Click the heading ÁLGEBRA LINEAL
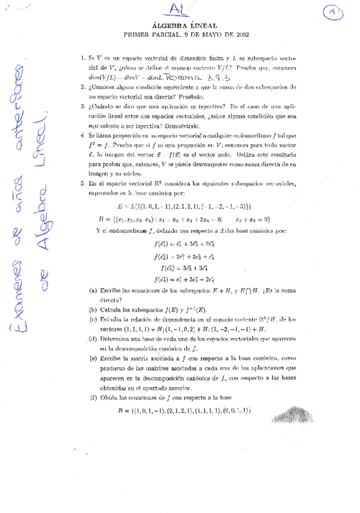(181, 25)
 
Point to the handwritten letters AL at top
(179, 8)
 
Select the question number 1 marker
(83, 58)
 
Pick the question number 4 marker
(83, 136)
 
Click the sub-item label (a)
(93, 290)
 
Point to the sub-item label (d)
(93, 339)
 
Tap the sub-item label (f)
(93, 398)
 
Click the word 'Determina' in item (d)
(116, 339)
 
